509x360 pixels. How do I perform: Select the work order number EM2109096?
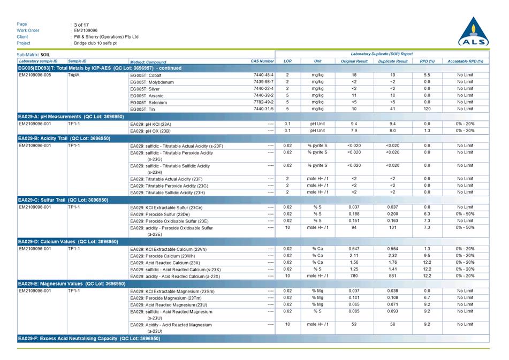(86, 30)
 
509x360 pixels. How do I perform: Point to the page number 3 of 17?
(82, 25)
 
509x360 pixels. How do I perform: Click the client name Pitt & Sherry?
(106, 37)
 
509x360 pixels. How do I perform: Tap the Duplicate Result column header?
(392, 62)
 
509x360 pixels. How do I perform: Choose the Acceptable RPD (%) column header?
(465, 62)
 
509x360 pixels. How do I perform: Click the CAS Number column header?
(262, 62)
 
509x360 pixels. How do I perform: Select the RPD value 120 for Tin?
(427, 109)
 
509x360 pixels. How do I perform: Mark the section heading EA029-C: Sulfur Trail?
(63, 200)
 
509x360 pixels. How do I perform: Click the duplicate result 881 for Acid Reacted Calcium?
(392, 276)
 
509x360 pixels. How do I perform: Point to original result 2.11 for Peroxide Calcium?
(354, 256)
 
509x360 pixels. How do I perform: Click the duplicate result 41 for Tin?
(392, 109)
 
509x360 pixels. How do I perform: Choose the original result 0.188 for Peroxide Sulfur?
(354, 214)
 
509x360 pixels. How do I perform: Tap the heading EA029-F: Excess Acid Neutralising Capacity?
(89, 339)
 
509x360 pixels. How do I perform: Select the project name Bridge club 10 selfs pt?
(95, 43)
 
